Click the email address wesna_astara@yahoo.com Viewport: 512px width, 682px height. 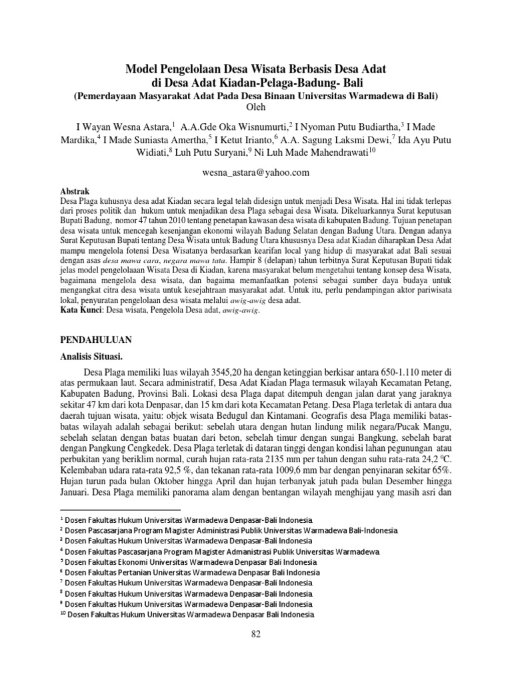click(256, 172)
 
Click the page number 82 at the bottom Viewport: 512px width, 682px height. click(256, 633)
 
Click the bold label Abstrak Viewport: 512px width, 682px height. click(75, 190)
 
